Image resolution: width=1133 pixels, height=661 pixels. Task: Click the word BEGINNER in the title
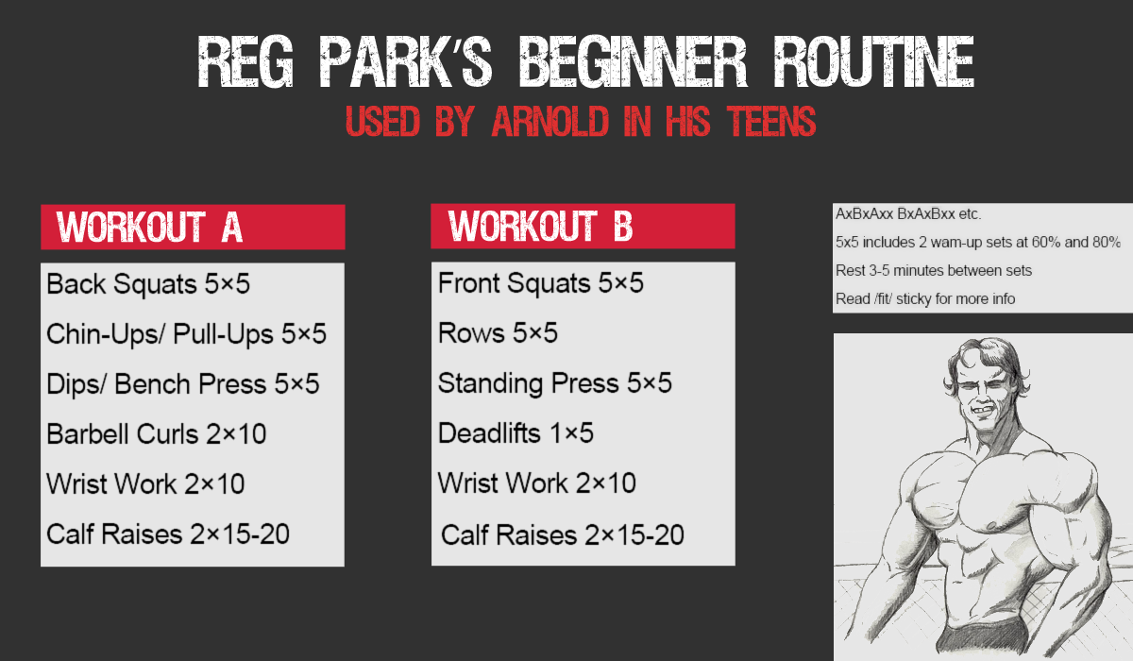point(634,61)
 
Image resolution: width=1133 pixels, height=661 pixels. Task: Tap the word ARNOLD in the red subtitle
point(550,122)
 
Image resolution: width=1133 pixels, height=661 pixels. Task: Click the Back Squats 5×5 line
point(148,283)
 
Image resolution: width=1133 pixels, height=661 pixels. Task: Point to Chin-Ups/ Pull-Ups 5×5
point(186,334)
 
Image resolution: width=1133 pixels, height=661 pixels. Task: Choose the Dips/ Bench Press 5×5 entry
point(182,384)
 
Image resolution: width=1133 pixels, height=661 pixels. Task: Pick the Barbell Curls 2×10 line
point(157,434)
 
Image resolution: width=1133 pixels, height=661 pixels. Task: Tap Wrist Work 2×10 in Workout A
point(145,484)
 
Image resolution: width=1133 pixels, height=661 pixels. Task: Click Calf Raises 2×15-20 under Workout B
point(563,535)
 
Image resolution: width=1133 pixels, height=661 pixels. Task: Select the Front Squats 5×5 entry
point(541,282)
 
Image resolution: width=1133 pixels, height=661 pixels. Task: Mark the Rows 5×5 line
point(498,333)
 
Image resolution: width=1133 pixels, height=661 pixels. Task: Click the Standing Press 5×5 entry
point(555,383)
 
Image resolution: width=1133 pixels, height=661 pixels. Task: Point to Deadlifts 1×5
point(516,433)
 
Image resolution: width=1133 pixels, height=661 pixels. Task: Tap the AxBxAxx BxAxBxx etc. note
point(908,214)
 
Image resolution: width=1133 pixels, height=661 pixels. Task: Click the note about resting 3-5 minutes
point(934,271)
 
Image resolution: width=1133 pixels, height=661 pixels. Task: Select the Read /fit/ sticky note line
point(925,299)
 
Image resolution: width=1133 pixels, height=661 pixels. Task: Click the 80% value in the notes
point(1107,243)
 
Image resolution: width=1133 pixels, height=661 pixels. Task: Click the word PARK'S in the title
point(406,61)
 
